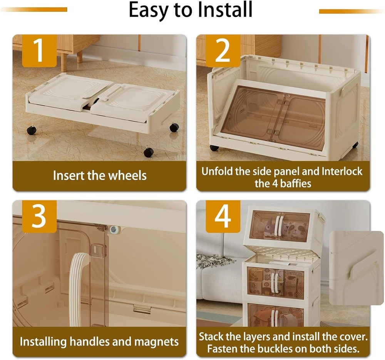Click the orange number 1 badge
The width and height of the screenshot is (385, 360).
(x=39, y=50)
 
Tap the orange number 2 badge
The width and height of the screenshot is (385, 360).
(x=223, y=50)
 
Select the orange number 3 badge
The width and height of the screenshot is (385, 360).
(x=39, y=216)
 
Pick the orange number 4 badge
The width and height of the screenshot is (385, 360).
(x=223, y=216)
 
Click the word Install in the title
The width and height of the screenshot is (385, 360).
(x=225, y=10)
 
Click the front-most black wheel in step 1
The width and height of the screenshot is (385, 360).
(x=148, y=152)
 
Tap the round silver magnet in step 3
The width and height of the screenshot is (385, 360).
(x=114, y=230)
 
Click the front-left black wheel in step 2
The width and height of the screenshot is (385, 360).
(x=214, y=148)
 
